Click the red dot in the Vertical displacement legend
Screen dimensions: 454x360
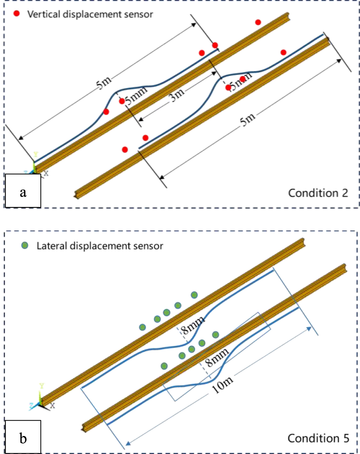point(17,14)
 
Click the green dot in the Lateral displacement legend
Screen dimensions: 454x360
point(25,245)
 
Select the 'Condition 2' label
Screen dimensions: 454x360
point(318,193)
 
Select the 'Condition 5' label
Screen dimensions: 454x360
point(318,438)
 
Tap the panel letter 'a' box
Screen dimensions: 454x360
point(23,191)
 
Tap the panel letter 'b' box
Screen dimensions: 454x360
point(23,437)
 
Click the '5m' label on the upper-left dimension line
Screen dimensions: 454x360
point(104,83)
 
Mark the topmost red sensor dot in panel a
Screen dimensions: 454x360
point(258,22)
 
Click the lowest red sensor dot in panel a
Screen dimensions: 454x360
point(125,150)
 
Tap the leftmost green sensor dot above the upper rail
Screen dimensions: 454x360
point(142,327)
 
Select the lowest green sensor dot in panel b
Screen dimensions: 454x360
point(164,366)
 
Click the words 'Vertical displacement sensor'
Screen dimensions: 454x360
point(90,14)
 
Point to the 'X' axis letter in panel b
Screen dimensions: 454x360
point(53,405)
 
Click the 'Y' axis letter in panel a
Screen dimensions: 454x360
point(35,154)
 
